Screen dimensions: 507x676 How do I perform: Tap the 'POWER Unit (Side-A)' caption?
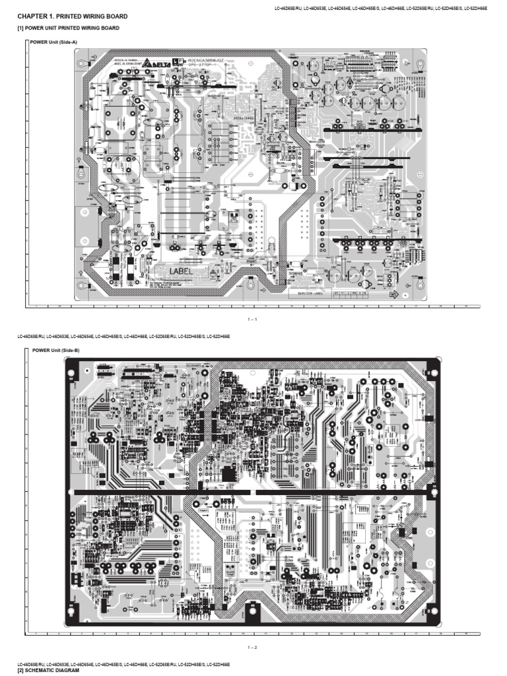54,42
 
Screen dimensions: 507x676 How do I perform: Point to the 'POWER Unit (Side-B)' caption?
55,350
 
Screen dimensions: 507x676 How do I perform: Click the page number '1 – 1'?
252,320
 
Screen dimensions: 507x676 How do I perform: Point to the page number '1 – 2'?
252,646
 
